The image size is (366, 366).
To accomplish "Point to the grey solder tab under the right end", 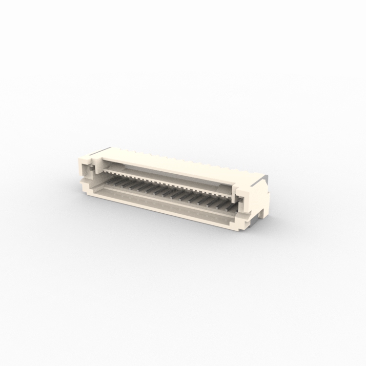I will click(x=253, y=222).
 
